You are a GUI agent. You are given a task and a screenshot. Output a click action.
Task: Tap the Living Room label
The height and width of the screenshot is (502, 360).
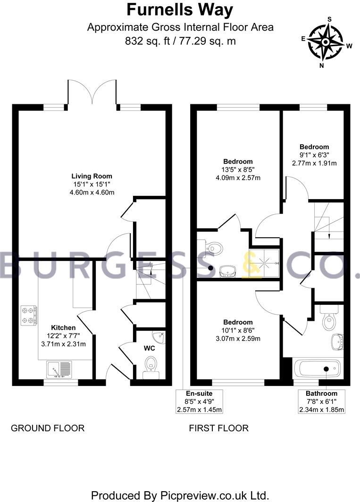[92, 176]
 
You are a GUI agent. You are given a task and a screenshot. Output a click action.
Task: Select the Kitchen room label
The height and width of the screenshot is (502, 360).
[63, 327]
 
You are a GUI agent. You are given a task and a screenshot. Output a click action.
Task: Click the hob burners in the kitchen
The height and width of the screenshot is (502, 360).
[29, 316]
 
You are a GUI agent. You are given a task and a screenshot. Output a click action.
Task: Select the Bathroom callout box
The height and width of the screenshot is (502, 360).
[321, 402]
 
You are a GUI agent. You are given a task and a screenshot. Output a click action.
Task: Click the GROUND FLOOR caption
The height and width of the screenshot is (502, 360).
[48, 428]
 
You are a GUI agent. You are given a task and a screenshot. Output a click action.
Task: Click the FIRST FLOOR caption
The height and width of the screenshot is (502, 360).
[218, 428]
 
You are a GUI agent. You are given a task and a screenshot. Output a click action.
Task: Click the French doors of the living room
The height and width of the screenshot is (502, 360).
[92, 92]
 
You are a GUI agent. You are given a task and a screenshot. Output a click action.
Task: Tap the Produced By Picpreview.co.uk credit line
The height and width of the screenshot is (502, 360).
[180, 495]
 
